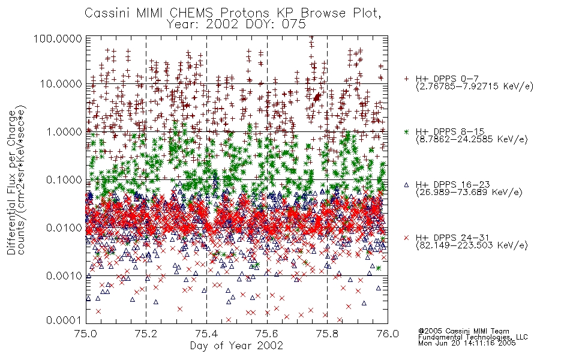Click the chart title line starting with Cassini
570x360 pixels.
point(233,13)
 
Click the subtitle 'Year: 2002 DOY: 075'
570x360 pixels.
point(236,25)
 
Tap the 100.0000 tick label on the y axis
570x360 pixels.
point(58,38)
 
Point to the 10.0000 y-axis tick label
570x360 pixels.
point(61,84)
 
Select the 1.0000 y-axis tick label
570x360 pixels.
point(64,131)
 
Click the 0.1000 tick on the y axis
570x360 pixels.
point(64,179)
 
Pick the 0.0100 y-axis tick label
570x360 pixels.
point(64,228)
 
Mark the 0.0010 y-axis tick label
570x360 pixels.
point(64,276)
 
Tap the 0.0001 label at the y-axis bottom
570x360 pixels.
point(64,320)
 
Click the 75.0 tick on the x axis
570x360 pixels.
point(86,334)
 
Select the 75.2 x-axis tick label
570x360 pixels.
point(146,334)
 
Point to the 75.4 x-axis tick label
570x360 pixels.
point(206,334)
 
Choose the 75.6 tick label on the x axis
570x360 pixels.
point(267,334)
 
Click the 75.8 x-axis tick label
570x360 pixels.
point(327,334)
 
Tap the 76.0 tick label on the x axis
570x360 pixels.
point(388,334)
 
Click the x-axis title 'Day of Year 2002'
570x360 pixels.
point(236,346)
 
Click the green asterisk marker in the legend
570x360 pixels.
point(406,131)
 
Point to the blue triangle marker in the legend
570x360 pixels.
point(406,185)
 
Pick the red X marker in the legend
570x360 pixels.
point(406,238)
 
